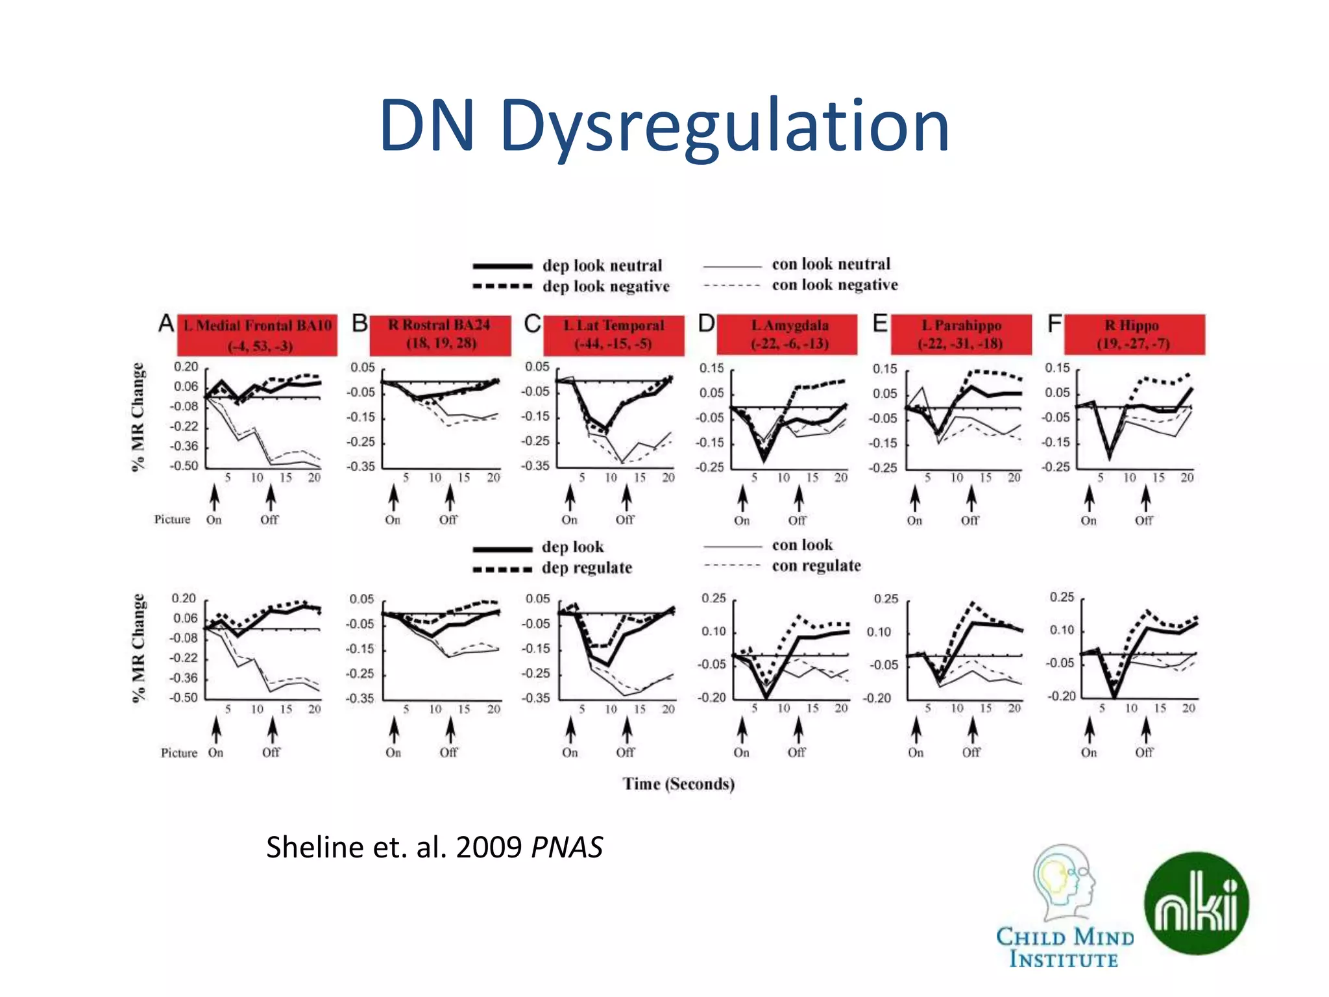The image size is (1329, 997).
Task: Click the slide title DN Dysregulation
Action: pos(664,126)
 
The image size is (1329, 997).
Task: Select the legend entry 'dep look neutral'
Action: pos(602,265)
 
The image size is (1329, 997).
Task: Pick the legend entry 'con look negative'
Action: pos(835,285)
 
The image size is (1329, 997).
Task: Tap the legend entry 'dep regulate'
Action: pos(587,568)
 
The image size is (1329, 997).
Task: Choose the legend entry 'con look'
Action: pos(802,545)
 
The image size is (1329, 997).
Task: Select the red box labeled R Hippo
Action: pos(1134,334)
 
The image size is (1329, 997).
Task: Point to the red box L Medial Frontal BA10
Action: pos(258,335)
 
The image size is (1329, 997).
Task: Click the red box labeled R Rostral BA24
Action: pos(441,334)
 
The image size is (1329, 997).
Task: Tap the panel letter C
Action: pos(532,323)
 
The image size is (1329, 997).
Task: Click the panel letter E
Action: pos(879,323)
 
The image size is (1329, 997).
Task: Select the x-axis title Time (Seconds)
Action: pos(678,784)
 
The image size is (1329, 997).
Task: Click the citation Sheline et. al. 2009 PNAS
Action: pos(434,847)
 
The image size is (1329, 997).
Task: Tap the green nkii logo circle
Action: pos(1196,904)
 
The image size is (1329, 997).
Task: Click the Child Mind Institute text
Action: pos(1064,948)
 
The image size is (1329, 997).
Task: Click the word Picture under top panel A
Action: pos(172,519)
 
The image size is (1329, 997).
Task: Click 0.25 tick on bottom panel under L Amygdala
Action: pos(713,598)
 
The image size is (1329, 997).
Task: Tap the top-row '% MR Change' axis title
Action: pos(138,417)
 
